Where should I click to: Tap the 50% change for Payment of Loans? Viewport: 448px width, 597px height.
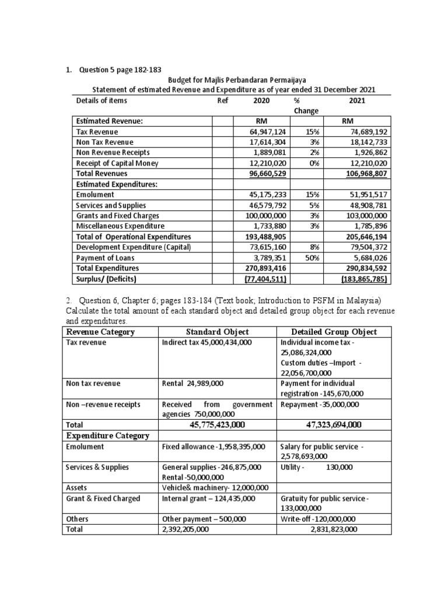(x=309, y=258)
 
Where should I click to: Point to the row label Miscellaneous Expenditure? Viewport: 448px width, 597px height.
(x=121, y=226)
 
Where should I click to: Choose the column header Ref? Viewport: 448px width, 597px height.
(x=222, y=100)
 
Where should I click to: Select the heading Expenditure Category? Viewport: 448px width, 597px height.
(x=108, y=436)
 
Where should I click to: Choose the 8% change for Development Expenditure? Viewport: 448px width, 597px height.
(x=309, y=247)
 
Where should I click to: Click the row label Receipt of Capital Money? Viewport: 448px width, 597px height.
(x=117, y=163)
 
